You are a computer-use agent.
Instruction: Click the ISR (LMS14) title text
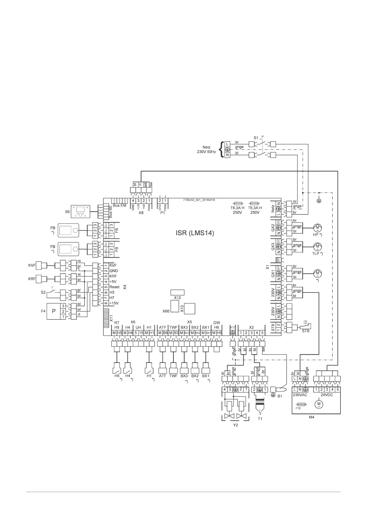click(x=193, y=233)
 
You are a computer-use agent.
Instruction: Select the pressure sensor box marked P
click(x=54, y=311)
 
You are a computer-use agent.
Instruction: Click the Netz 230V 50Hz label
click(x=207, y=150)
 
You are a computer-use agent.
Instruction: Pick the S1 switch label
click(x=256, y=138)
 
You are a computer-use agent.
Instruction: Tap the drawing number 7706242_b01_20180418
click(x=199, y=200)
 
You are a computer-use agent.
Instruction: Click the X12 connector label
click(x=177, y=298)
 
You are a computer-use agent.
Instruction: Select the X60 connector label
click(x=166, y=311)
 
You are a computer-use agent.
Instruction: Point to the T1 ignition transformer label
click(x=260, y=419)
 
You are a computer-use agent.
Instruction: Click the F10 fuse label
click(x=298, y=408)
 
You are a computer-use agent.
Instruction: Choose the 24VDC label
click(x=327, y=395)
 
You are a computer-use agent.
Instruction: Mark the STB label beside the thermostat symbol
click(x=305, y=331)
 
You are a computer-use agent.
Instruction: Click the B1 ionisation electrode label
click(x=279, y=396)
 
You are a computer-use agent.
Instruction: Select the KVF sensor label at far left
click(x=32, y=265)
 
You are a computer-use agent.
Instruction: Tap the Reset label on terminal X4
click(x=114, y=287)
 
